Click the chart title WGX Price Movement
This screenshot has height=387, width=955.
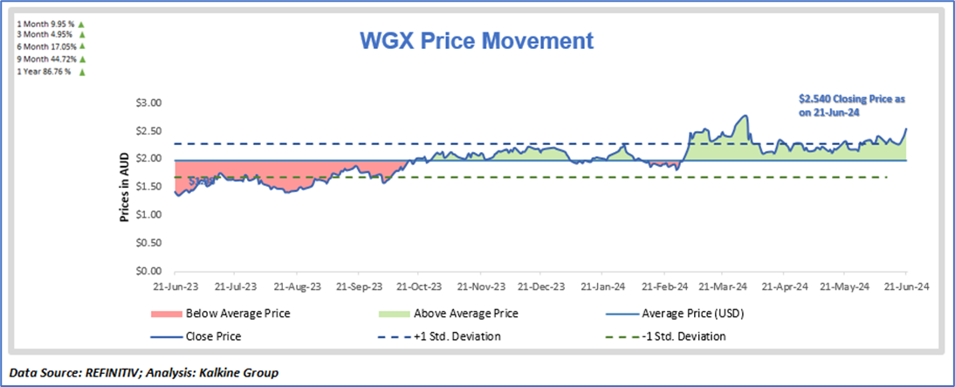pos(477,41)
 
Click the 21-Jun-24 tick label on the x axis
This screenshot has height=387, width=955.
pos(904,286)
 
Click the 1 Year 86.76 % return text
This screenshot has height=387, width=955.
pos(38,72)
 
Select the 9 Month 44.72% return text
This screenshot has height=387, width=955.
pos(38,59)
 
